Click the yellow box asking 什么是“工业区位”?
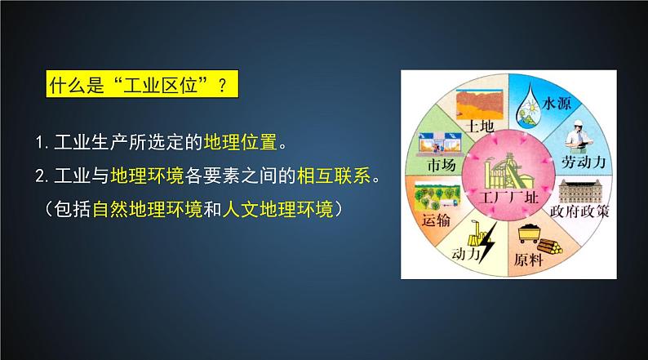point(135,85)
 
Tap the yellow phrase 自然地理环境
point(146,210)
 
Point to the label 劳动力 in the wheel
point(583,163)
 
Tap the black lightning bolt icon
point(487,242)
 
